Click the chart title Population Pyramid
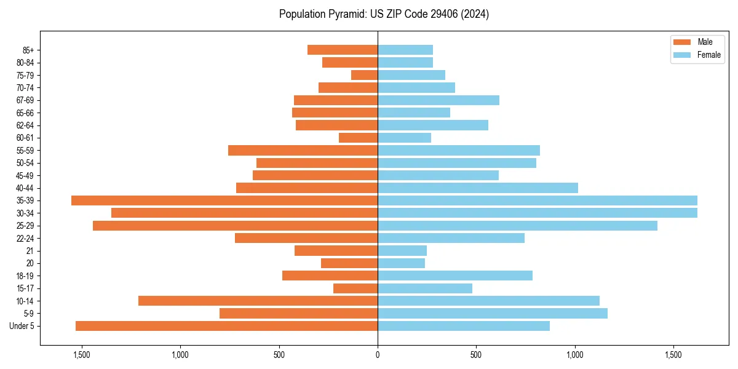[384, 14]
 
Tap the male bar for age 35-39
[224, 200]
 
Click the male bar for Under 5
[226, 326]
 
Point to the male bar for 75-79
[364, 75]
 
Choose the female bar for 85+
[405, 50]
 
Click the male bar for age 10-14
[258, 301]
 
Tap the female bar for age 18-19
[455, 276]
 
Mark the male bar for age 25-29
[235, 226]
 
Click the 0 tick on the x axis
[378, 355]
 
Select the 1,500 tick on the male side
[82, 355]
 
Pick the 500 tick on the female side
[476, 355]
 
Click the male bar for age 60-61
[358, 138]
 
